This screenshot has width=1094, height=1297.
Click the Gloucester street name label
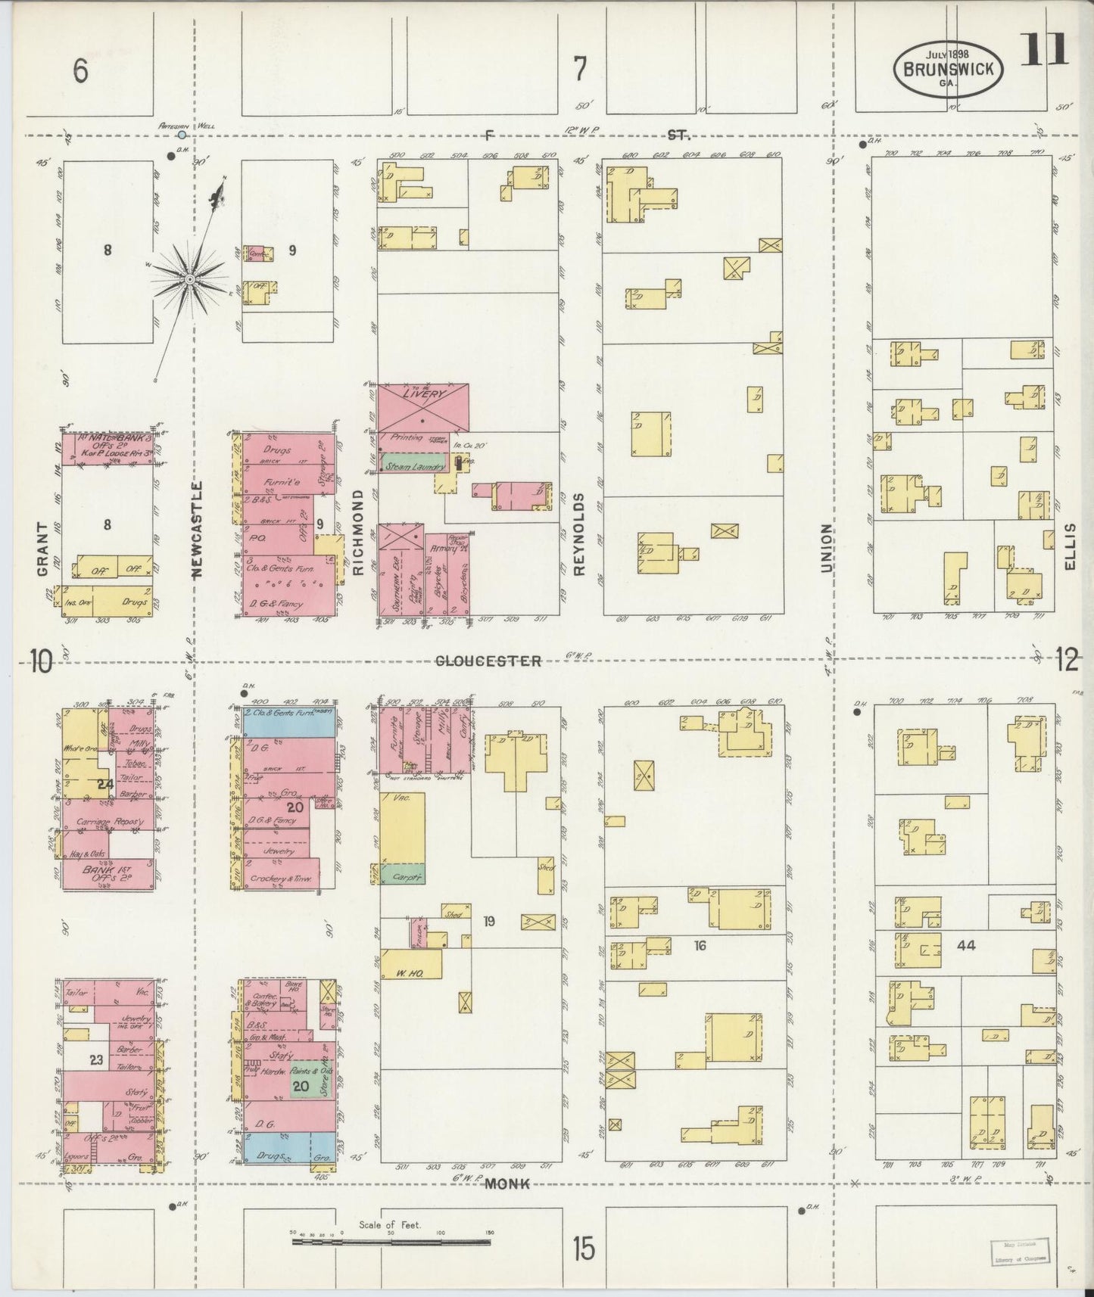(x=488, y=661)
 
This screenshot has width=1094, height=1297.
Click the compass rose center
(x=189, y=280)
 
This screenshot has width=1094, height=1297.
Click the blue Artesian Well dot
(x=182, y=135)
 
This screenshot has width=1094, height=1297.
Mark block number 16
(x=699, y=944)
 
